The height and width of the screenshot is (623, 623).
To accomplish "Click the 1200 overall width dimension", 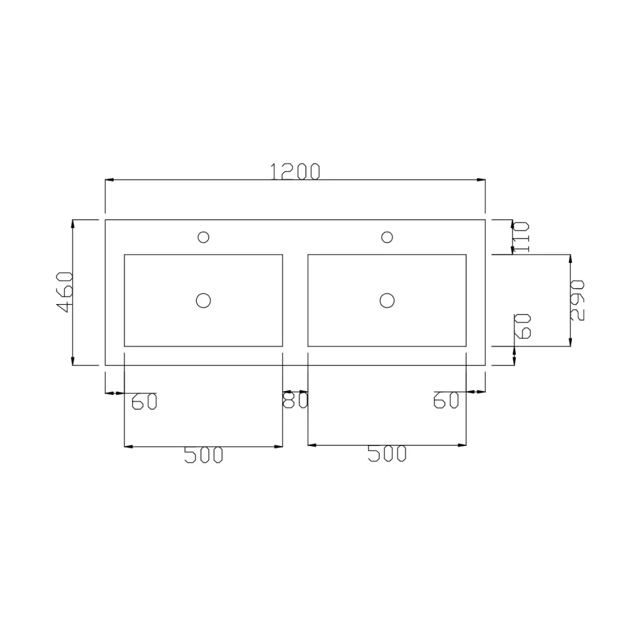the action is (295, 172).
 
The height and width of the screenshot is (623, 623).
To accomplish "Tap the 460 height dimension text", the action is (64, 292).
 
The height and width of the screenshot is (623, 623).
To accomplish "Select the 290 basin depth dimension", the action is (577, 300).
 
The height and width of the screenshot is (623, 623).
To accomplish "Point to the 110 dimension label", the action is (521, 237).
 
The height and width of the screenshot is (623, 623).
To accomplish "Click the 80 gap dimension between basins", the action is (295, 400).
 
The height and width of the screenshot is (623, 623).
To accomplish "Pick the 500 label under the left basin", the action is (204, 455).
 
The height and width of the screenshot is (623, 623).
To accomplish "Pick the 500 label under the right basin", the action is (387, 454).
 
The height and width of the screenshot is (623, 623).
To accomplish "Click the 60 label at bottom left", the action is (145, 401).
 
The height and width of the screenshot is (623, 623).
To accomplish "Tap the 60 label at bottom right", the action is (446, 400).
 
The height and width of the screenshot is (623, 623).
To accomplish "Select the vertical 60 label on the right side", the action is (523, 326).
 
